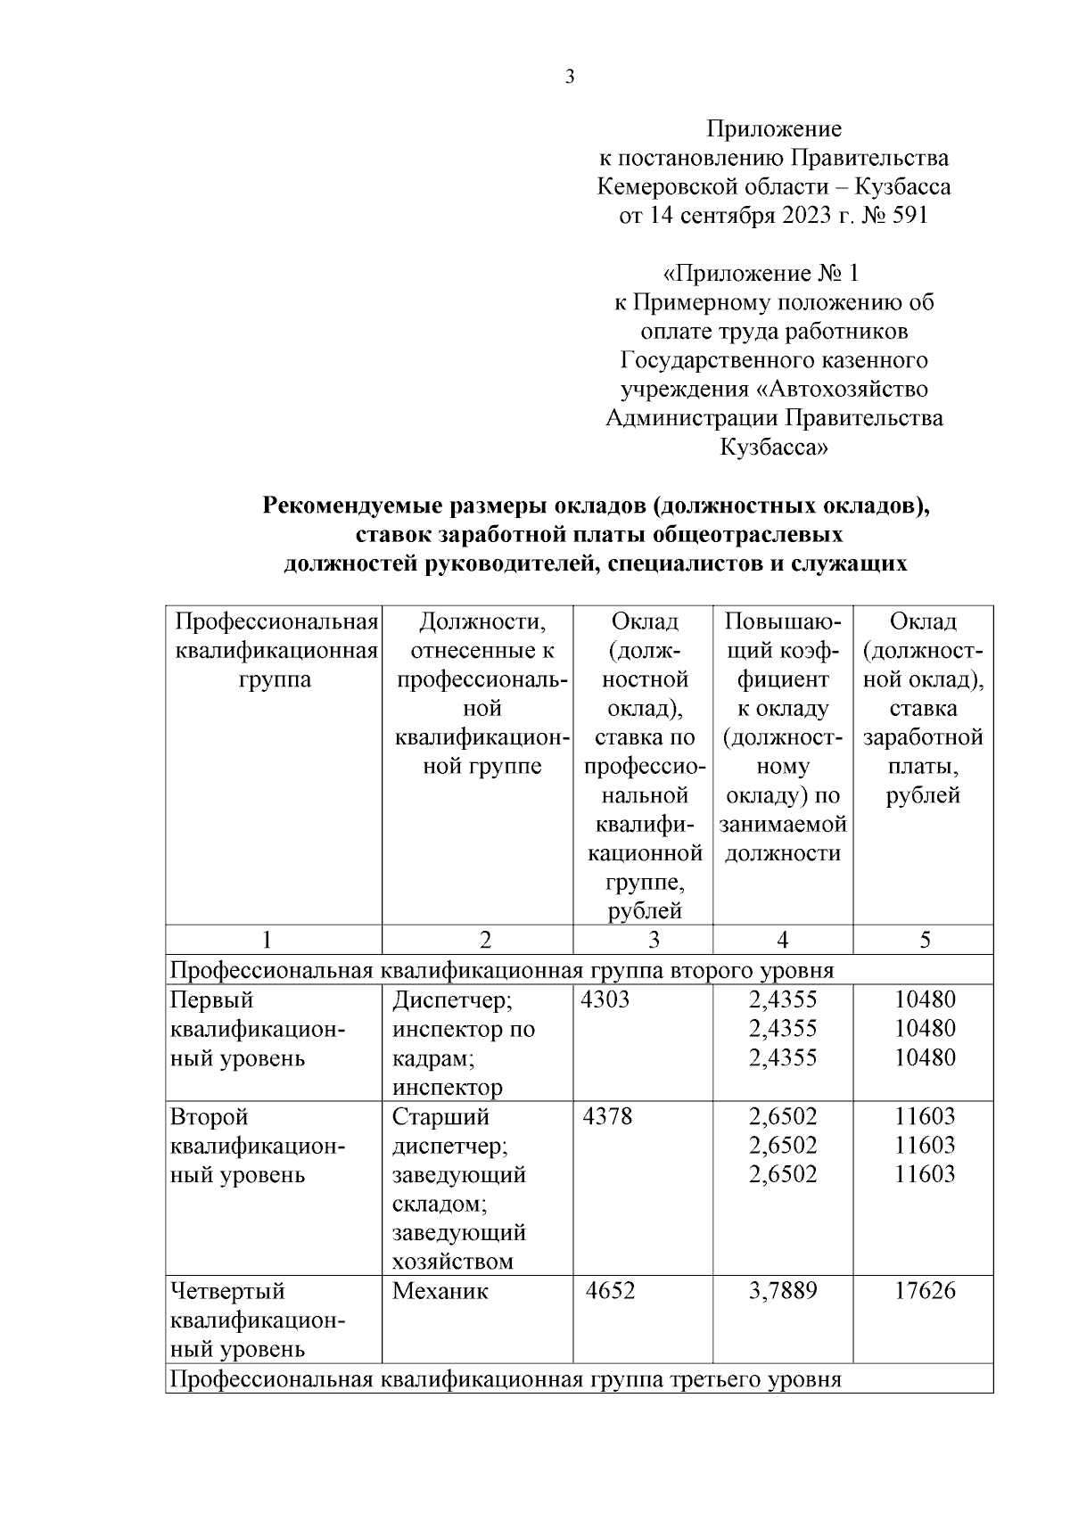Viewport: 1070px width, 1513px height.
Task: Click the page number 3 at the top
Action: [570, 78]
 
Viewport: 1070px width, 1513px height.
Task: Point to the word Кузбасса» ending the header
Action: [773, 448]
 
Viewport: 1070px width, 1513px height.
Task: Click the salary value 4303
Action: [605, 999]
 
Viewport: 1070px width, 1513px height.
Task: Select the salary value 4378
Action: [607, 1116]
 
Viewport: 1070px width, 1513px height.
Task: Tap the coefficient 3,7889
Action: [783, 1291]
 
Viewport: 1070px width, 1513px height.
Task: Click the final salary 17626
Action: [925, 1291]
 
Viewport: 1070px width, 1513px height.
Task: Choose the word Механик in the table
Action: [440, 1291]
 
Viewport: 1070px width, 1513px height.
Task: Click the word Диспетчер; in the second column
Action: [452, 1000]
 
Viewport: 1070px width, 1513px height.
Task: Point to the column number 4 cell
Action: [782, 940]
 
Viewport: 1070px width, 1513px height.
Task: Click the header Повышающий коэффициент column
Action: [782, 736]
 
